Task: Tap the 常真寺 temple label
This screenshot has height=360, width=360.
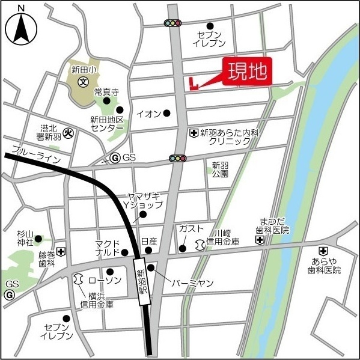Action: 106,92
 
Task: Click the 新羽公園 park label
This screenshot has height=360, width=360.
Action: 220,169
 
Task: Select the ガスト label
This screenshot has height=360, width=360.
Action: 191,229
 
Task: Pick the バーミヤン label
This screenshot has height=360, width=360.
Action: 192,282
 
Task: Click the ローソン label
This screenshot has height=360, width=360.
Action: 101,280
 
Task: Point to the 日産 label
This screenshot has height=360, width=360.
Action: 148,241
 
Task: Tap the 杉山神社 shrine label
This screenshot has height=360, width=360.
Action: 25,238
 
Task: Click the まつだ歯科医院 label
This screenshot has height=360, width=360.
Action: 274,225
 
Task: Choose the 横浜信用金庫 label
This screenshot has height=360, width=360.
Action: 97,299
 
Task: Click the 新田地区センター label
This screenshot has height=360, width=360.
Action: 107,124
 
